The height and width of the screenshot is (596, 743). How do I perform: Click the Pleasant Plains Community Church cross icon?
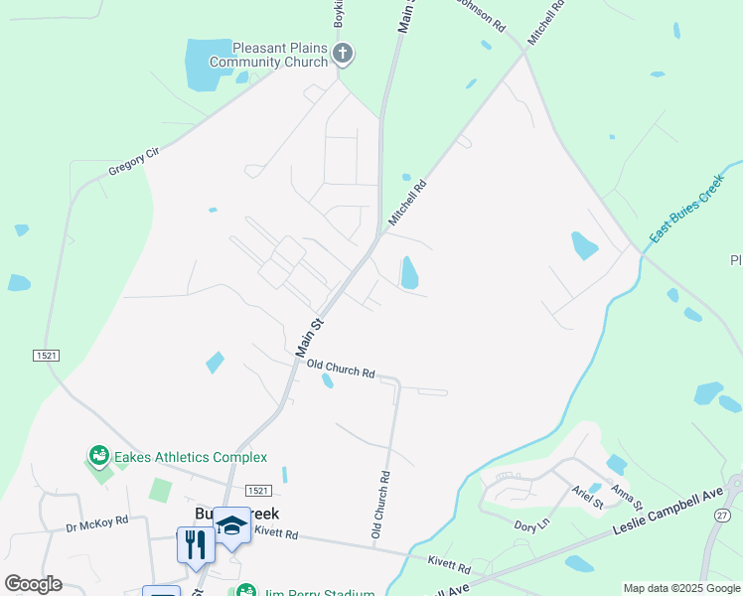[x=343, y=54]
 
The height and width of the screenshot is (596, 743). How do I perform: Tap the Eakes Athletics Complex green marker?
[x=98, y=456]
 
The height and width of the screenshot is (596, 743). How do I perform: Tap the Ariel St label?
[x=588, y=497]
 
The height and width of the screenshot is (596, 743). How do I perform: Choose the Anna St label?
[x=622, y=493]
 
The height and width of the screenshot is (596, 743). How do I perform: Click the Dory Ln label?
[x=531, y=524]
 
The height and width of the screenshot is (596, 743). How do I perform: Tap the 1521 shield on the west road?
[x=44, y=355]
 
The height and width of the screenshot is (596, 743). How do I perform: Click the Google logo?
[x=34, y=584]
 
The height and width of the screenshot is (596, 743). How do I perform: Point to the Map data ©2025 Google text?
[x=680, y=588]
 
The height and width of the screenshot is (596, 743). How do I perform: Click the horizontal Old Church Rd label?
[x=341, y=369]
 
